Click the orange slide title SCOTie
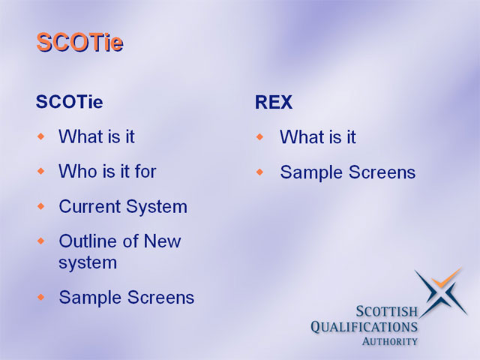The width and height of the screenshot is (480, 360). click(x=80, y=42)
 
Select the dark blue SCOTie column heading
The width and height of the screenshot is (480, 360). click(x=70, y=102)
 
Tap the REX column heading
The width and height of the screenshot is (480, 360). click(x=274, y=102)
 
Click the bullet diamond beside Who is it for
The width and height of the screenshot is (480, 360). click(x=41, y=171)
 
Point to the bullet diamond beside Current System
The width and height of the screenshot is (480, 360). click(x=41, y=206)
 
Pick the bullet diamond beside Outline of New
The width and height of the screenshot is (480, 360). click(x=41, y=241)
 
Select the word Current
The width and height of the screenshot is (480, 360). click(x=90, y=206)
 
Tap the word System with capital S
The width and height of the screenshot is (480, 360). click(x=157, y=207)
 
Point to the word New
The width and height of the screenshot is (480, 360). click(x=162, y=241)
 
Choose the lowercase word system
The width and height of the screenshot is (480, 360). click(x=88, y=262)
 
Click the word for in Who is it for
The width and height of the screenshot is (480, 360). click(x=145, y=171)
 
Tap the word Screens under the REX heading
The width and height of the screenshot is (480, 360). click(x=382, y=172)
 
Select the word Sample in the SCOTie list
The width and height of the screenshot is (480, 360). click(x=91, y=298)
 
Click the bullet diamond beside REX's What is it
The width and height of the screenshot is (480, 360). click(x=260, y=136)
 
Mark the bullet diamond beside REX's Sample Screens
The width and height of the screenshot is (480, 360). click(x=260, y=172)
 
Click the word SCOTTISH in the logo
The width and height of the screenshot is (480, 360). click(x=387, y=312)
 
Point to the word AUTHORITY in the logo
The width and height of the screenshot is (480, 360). click(x=390, y=341)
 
